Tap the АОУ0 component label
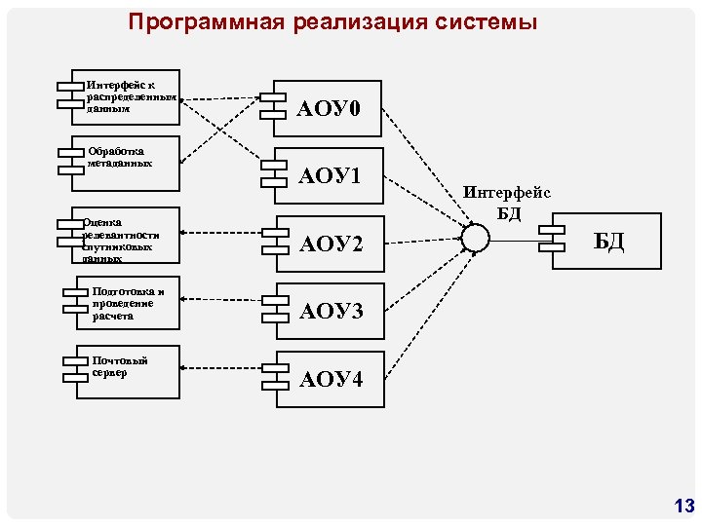point(331,109)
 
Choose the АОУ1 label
point(331,176)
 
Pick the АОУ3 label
point(331,311)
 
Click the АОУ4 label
point(331,378)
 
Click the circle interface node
point(474,238)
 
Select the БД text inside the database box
point(608,240)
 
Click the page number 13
point(683,506)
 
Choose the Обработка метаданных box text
point(119,157)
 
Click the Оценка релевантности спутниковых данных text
point(122,240)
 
